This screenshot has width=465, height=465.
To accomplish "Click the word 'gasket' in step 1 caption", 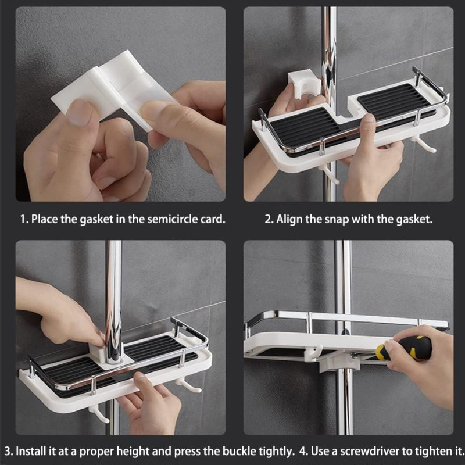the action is [x=96, y=220].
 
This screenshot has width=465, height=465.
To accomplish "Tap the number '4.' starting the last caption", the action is [x=303, y=452].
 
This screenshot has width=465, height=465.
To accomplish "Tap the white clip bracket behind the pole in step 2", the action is [x=303, y=84].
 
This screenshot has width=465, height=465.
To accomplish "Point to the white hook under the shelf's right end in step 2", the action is [x=424, y=144].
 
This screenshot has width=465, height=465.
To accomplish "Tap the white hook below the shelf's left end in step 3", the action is [x=99, y=414].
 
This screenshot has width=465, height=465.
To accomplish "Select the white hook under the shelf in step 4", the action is [x=313, y=353].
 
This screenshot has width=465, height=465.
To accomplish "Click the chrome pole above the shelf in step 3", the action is [x=114, y=299].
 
